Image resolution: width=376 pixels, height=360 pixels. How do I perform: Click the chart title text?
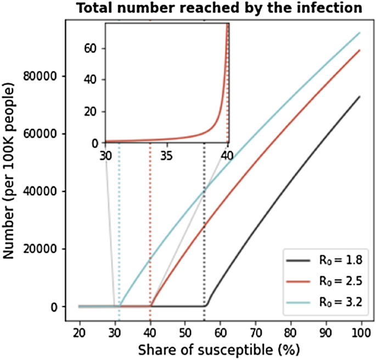(x=219, y=8)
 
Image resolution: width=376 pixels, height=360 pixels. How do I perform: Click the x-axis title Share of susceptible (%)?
(x=219, y=350)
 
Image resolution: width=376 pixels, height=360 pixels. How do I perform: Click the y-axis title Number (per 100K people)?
(x=9, y=171)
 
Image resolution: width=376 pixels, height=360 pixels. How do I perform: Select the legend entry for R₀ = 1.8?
(x=324, y=261)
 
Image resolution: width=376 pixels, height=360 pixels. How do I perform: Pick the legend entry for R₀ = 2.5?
(x=324, y=281)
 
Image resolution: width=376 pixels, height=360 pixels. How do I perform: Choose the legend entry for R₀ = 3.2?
(x=324, y=302)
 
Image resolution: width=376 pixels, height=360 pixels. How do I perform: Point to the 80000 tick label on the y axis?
(x=40, y=76)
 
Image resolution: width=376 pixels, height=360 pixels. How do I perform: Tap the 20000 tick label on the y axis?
(x=40, y=249)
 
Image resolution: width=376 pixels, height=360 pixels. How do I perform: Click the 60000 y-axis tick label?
(x=40, y=134)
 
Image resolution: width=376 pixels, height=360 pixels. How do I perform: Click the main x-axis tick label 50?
(x=185, y=333)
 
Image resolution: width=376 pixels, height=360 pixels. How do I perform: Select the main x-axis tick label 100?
(x=361, y=333)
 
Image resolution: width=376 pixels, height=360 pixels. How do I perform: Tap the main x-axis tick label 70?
(x=256, y=333)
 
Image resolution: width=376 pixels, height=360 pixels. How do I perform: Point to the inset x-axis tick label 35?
(x=167, y=156)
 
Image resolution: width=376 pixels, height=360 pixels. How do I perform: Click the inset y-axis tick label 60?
(x=90, y=48)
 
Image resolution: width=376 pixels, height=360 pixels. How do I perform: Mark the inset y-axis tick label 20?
(x=90, y=112)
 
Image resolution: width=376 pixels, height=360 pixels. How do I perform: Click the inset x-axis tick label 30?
(x=106, y=156)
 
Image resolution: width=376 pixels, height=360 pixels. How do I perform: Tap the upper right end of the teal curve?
(x=360, y=32)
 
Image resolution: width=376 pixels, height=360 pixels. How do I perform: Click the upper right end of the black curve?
(x=360, y=97)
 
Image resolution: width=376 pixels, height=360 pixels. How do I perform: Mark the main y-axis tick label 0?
(x=54, y=307)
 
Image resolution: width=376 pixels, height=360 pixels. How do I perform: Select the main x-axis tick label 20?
(x=80, y=333)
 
